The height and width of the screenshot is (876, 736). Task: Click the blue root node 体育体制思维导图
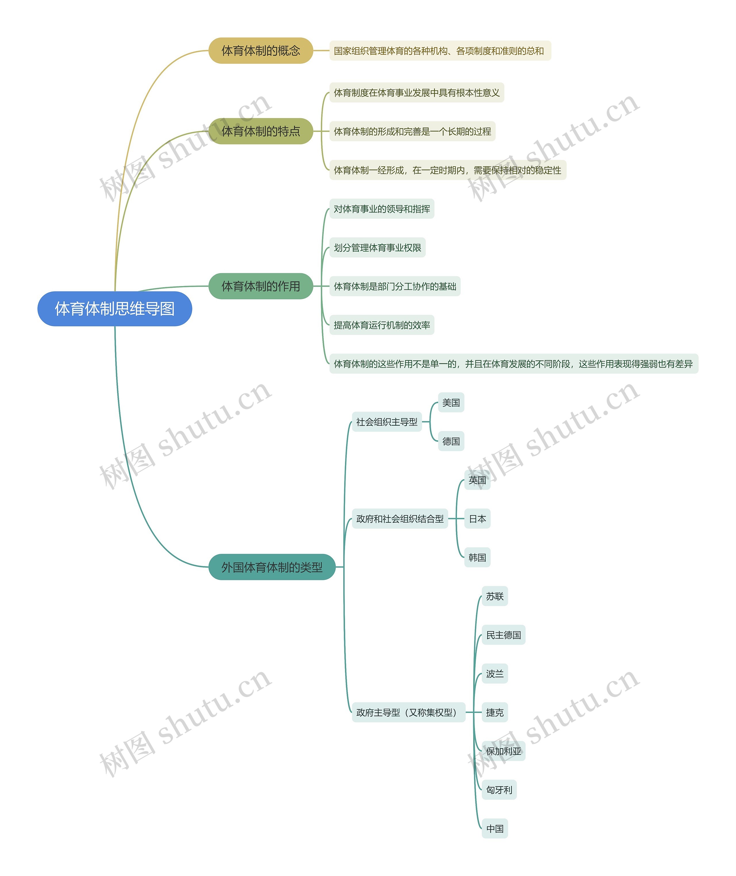point(115,309)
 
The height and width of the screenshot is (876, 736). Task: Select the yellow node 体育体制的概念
point(261,51)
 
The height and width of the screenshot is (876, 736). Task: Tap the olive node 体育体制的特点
point(261,132)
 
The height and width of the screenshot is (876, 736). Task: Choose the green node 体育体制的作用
point(261,286)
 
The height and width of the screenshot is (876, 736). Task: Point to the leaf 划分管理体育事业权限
point(377,247)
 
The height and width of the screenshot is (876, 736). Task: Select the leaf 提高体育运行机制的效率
point(382,325)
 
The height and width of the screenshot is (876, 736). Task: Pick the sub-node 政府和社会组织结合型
point(400,519)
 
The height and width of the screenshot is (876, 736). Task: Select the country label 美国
point(451,403)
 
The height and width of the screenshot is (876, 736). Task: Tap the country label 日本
point(477,519)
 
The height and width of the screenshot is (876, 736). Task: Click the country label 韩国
point(477,558)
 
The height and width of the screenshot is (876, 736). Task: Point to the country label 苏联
point(495,596)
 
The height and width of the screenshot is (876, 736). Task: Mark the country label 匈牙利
point(499,790)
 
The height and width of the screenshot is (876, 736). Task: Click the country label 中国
point(495,829)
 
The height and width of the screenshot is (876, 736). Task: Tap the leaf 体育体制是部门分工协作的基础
point(395,286)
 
